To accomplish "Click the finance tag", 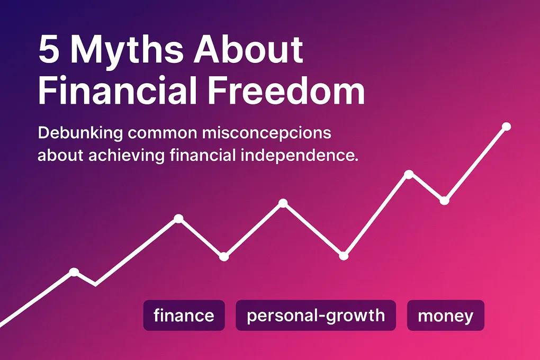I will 184,316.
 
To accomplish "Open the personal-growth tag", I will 316,316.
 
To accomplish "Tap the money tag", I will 445,316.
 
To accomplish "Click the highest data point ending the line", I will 506,127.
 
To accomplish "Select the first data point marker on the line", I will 74,272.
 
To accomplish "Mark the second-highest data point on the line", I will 409,174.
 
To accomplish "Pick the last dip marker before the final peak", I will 444,201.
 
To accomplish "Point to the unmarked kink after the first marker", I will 95,285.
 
